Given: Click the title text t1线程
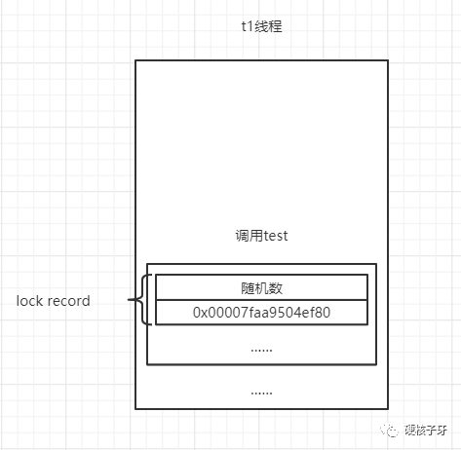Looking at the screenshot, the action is (261, 26).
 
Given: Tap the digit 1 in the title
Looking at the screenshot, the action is (250, 26).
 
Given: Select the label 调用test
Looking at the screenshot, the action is (261, 236).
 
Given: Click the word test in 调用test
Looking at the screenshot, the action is (276, 236).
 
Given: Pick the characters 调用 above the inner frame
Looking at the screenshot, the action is (250, 236).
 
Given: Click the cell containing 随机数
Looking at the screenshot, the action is (261, 287).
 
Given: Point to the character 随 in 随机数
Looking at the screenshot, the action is (248, 288).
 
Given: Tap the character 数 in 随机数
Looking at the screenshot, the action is (276, 288).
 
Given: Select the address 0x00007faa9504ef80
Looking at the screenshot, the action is (261, 313).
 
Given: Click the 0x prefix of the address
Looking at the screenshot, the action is (200, 313).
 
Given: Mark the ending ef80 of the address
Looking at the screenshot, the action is (316, 313).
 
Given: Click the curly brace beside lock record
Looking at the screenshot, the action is (141, 299).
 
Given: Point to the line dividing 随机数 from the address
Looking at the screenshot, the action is (261, 300).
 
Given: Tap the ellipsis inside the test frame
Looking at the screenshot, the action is (261, 351).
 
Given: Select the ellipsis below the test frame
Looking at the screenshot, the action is (261, 394).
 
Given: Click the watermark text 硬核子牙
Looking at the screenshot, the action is (426, 431).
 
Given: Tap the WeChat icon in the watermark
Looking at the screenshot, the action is (390, 431).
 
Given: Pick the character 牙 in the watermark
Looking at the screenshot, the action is (442, 431).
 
